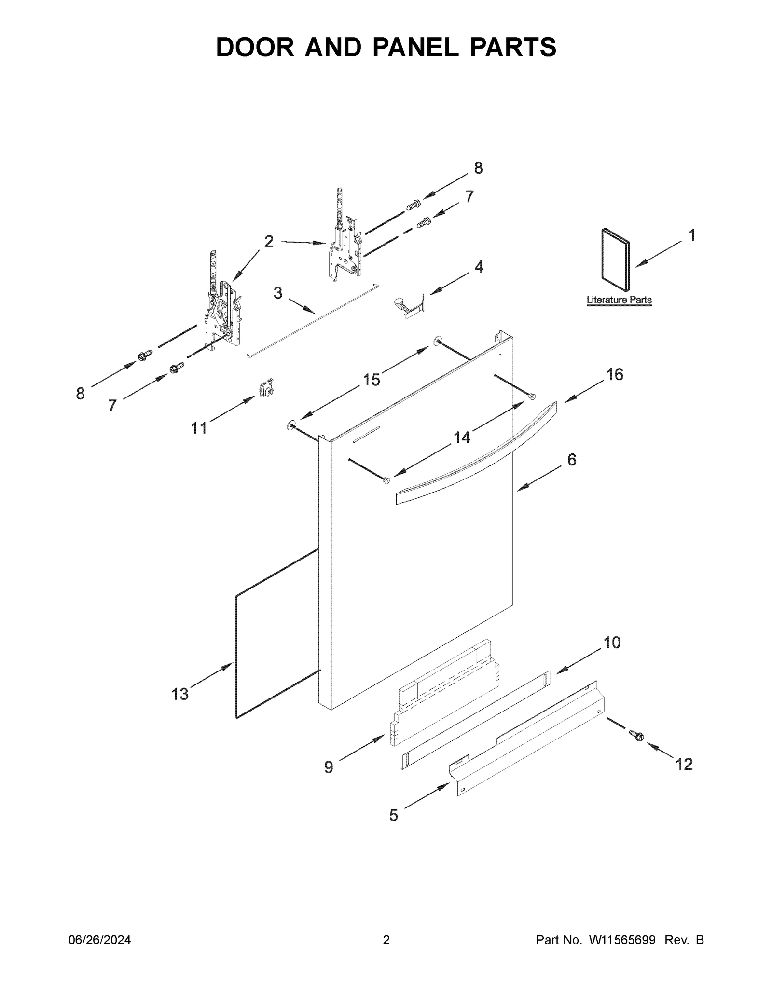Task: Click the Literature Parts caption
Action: tap(619, 300)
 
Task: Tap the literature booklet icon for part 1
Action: tap(615, 260)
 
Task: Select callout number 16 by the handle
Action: tap(614, 374)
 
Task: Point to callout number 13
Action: tap(180, 694)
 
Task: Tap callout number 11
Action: tap(199, 428)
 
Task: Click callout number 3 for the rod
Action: tap(277, 293)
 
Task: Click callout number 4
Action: tap(479, 266)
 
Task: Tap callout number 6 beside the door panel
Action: tap(571, 460)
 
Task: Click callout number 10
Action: tap(612, 643)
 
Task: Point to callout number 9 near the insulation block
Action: tap(329, 767)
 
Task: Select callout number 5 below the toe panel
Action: tap(394, 815)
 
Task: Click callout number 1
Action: tap(691, 236)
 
